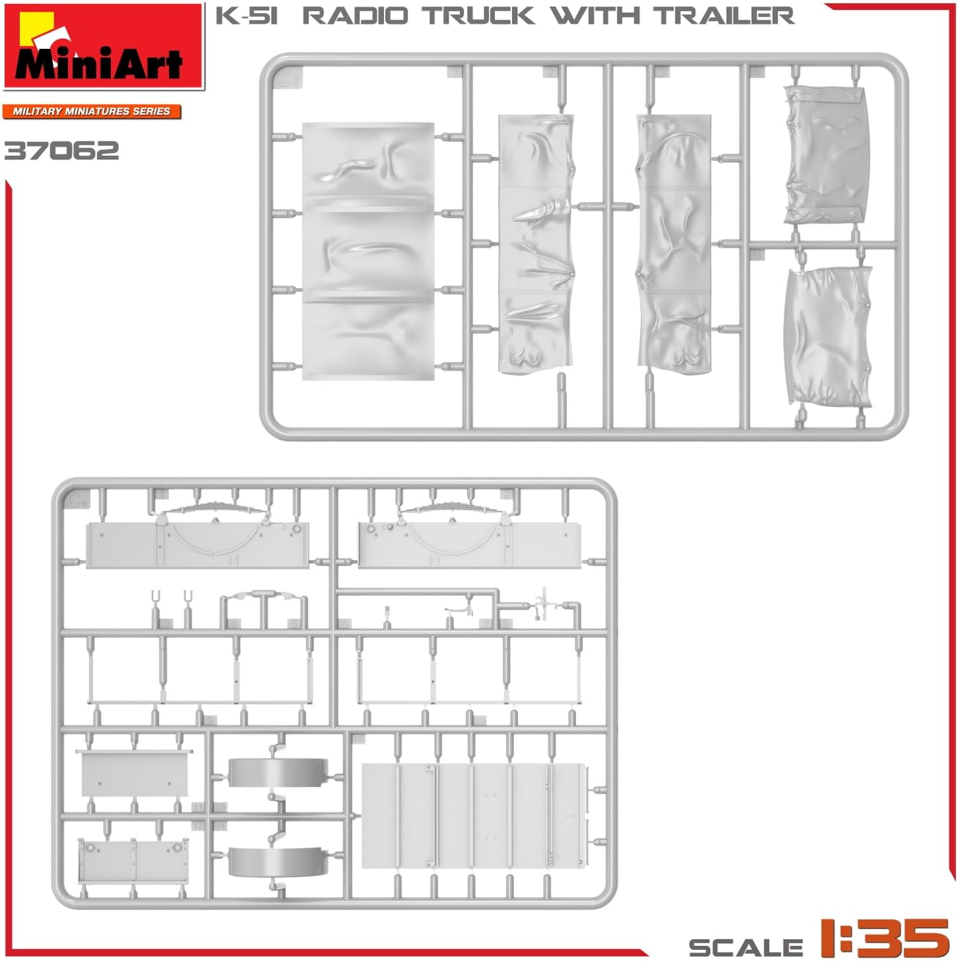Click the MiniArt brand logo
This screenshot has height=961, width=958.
coord(104,46)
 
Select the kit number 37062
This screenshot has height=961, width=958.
coord(61,151)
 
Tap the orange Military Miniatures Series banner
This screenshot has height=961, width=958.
coord(92,111)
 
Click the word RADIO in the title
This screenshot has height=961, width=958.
coord(355,15)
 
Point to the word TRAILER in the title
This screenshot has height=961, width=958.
coord(725,15)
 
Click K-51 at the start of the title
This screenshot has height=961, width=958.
coord(246,15)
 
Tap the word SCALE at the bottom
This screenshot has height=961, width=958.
coord(745,947)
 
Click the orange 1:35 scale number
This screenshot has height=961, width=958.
coord(884,937)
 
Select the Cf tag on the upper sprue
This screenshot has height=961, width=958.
coord(288,79)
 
